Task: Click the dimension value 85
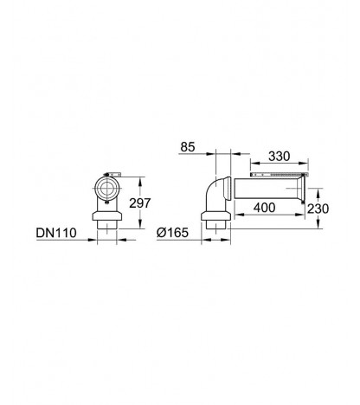click(188, 147)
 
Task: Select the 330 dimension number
click(279, 157)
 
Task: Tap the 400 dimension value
click(264, 208)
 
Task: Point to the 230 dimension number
click(318, 209)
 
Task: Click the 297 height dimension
click(140, 202)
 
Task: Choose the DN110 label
click(56, 233)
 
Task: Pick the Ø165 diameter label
click(172, 233)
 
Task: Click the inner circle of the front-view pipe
click(107, 189)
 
